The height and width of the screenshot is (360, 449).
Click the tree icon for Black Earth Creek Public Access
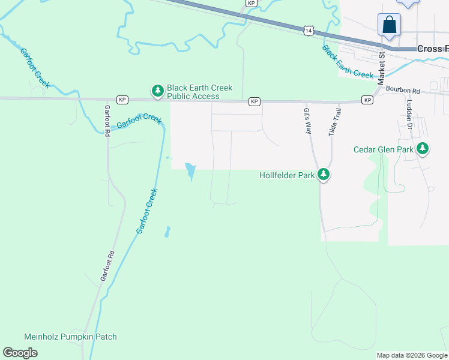pos(157,91)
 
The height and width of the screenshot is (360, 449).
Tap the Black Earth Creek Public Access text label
pos(199,92)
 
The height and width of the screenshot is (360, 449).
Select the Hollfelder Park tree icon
pos(324,175)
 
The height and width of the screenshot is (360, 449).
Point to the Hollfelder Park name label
pos(287,176)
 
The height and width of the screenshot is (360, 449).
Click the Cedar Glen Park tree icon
pos(423,148)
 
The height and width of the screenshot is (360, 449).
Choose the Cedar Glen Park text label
pos(383,149)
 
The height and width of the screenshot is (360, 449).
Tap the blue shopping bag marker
pos(389,25)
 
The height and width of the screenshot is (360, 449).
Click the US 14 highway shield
pos(308,29)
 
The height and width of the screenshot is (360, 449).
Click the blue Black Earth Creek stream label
pos(348,62)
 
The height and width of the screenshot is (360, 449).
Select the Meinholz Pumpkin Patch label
pos(70,337)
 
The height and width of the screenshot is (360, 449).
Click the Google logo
pos(20,353)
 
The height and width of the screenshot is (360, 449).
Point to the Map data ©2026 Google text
pos(411,355)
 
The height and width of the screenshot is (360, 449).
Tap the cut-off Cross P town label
pos(432,48)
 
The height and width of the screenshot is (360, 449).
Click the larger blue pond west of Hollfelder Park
pos(190,172)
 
